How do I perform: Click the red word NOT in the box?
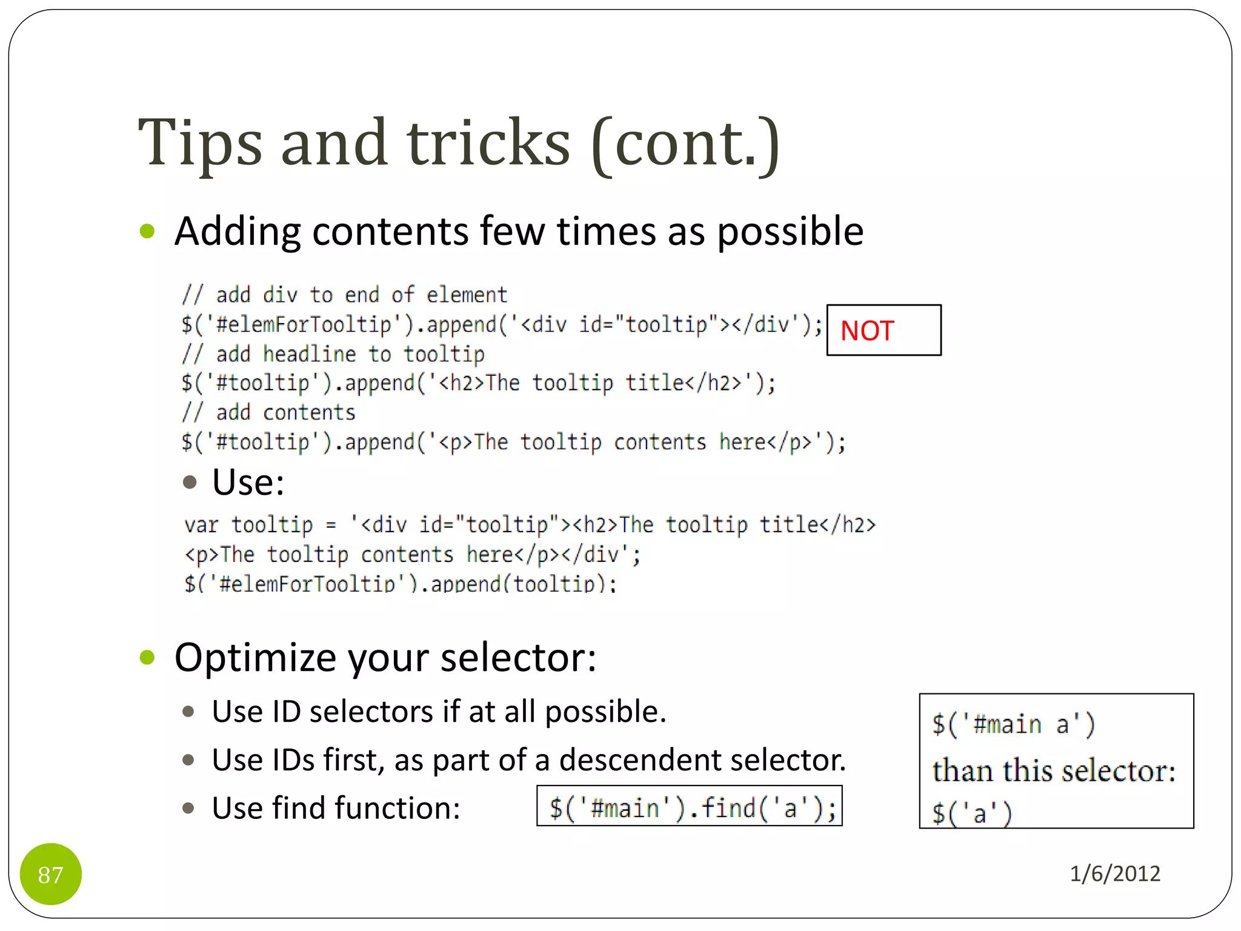[867, 331]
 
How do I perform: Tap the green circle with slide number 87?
[51, 874]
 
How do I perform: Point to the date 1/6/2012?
[1114, 873]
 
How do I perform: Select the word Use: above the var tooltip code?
[248, 482]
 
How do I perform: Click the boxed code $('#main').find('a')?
[690, 807]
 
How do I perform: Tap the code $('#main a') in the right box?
[1013, 724]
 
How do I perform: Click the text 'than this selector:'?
[1053, 771]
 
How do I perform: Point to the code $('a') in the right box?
[972, 813]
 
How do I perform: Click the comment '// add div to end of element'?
[344, 295]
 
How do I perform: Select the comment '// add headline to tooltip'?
[333, 354]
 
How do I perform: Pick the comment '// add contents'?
[268, 413]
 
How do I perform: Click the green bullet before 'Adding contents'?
[147, 231]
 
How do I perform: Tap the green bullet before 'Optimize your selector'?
[147, 657]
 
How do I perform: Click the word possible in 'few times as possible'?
[790, 232]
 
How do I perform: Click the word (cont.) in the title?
[685, 143]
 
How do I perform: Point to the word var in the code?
[201, 525]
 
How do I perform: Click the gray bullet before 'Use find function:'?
[188, 808]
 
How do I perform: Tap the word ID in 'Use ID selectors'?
[286, 712]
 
